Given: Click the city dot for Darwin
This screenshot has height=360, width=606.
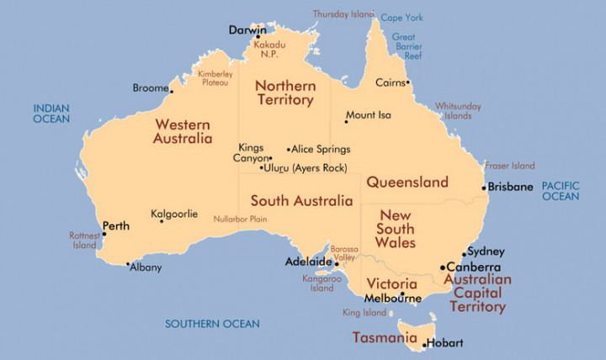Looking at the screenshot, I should click(x=258, y=37).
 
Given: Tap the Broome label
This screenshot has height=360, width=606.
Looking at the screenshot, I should click(x=151, y=87).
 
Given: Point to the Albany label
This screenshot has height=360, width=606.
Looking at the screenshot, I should click(x=145, y=268).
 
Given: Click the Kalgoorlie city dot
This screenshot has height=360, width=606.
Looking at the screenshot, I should click(x=162, y=221).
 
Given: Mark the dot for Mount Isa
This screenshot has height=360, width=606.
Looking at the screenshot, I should click(x=346, y=122).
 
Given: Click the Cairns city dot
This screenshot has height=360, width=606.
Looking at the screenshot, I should click(x=408, y=82).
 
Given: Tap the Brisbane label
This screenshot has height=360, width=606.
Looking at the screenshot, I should click(x=512, y=188).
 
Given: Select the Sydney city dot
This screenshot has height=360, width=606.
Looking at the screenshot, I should click(x=464, y=253).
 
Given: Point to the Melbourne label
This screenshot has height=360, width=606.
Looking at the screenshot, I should click(x=393, y=299).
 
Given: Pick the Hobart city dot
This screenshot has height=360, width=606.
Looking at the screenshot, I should click(x=423, y=344).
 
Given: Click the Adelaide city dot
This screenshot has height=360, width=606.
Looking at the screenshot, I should click(x=338, y=263).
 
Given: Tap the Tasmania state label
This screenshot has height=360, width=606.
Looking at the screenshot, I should click(x=384, y=338).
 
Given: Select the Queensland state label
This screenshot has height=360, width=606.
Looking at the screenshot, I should click(x=407, y=182).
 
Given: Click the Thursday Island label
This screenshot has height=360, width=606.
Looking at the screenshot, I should click(x=344, y=13).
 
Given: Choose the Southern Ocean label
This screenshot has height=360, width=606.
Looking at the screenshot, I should click(x=212, y=324).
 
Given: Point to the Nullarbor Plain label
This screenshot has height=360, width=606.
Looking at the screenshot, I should click(x=240, y=219).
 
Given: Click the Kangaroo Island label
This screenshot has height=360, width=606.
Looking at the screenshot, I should click(x=322, y=283).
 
